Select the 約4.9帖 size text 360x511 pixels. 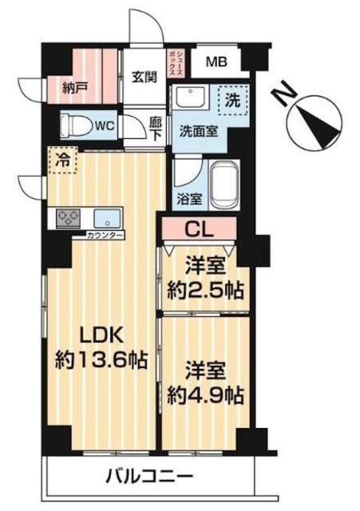(x=204, y=394)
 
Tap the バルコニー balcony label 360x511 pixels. (x=149, y=477)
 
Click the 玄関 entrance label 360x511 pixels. (x=144, y=77)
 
